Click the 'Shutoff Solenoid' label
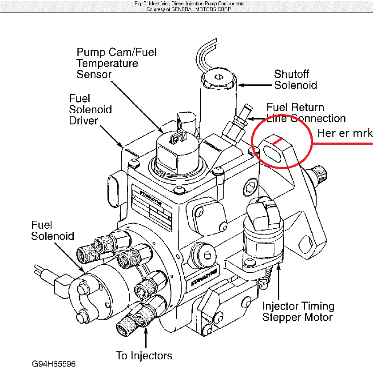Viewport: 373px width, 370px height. coord(295,80)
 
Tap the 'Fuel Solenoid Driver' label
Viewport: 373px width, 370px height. coord(90,109)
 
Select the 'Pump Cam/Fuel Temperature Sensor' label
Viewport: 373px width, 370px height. coord(116,63)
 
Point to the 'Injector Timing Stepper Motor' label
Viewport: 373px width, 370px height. coord(298,311)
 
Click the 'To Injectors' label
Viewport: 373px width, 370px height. coord(144,356)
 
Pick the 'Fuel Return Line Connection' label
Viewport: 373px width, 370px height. coord(306,113)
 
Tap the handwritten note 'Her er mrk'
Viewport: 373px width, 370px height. coord(345,133)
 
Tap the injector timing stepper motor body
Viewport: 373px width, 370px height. coord(262,242)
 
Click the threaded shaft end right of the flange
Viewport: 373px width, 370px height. coord(320,174)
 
